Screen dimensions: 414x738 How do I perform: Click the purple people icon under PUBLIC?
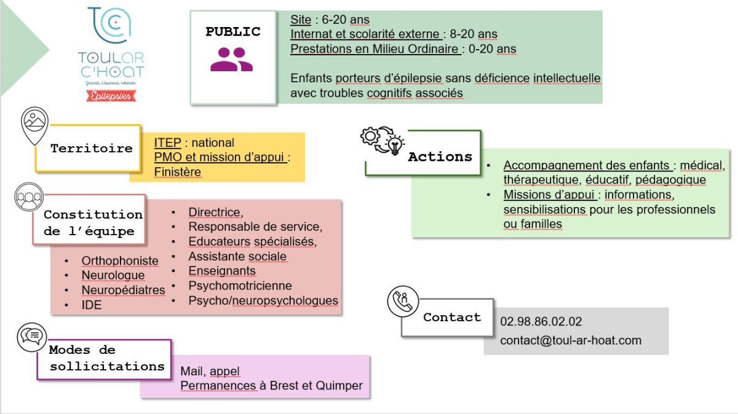pos(232,60)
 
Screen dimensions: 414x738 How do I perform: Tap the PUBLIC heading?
pos(232,32)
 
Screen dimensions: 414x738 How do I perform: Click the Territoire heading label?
pos(91,148)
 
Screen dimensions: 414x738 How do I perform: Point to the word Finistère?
pos(178,172)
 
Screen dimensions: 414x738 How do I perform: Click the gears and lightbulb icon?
pos(382,141)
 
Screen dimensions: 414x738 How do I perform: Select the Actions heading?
pos(440,157)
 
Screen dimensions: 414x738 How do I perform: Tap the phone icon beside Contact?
pos(403,301)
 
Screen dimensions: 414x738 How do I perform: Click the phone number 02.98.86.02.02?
pos(541,322)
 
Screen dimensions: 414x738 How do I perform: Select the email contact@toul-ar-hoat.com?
pos(571,340)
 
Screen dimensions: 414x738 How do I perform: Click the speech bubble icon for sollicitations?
pos(31,335)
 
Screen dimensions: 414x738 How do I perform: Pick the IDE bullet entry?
pos(92,305)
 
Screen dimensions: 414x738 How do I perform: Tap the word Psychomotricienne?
pos(240,286)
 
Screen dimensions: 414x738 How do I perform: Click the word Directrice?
pos(215,213)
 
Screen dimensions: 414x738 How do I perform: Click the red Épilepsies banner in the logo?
pos(111,95)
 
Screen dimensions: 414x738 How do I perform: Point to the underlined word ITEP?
pos(167,143)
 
